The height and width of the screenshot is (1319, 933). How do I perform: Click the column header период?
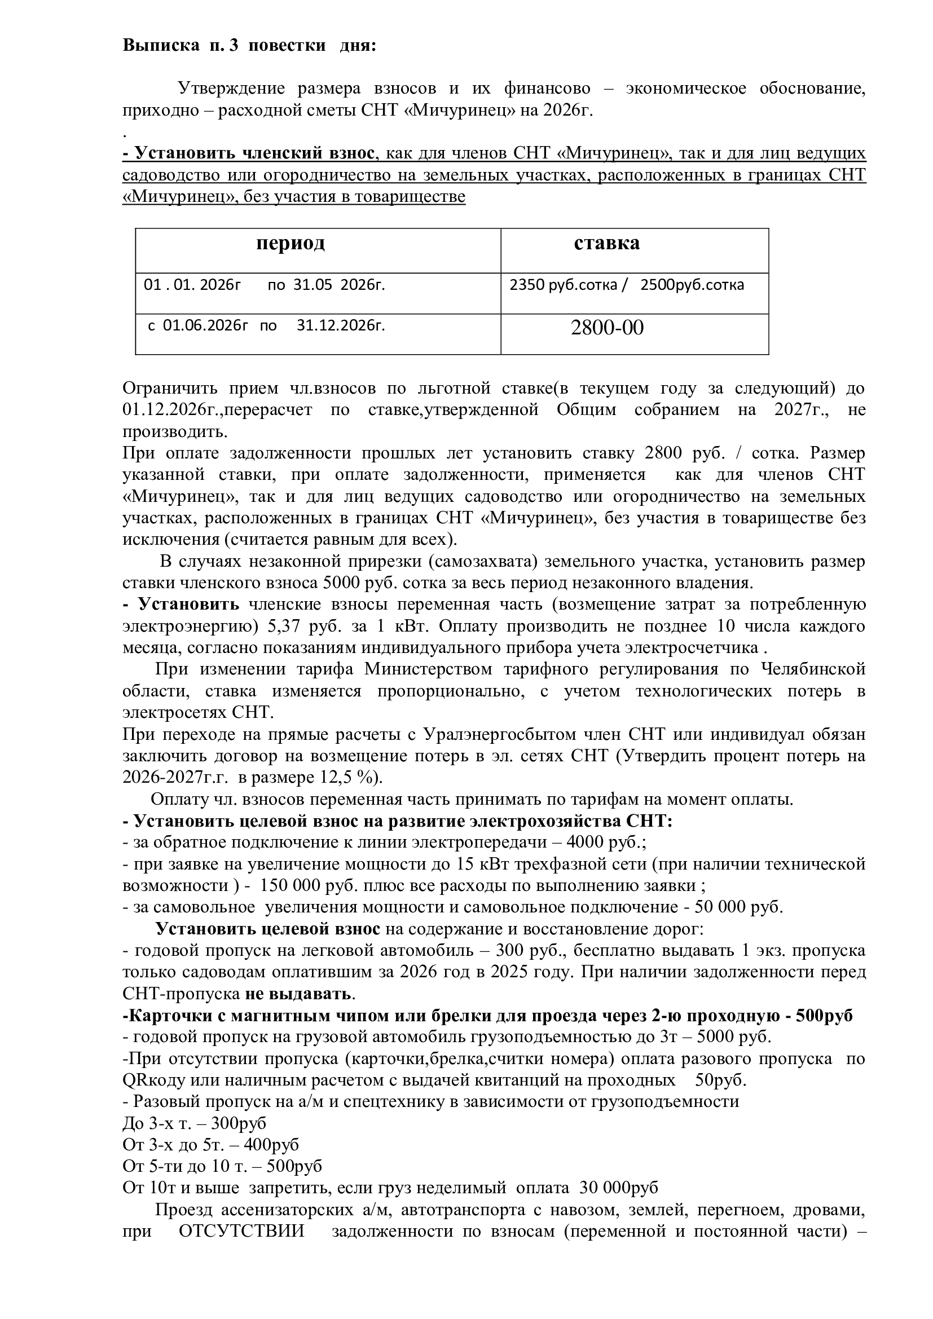click(x=290, y=243)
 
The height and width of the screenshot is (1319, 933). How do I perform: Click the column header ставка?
click(x=607, y=243)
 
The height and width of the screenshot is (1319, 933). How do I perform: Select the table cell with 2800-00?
click(x=608, y=328)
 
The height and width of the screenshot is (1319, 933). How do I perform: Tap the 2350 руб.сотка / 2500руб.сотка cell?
click(x=626, y=285)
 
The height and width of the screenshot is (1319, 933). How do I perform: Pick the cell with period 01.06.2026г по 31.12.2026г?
click(x=267, y=326)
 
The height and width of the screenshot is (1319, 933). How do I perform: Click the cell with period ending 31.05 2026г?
click(x=264, y=285)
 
